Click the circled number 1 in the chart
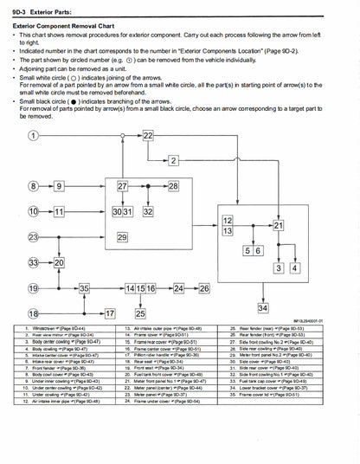pyautogui.click(x=33, y=137)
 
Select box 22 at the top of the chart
pyautogui.click(x=149, y=137)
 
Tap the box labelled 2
pyautogui.click(x=174, y=162)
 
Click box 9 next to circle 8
pyautogui.click(x=59, y=186)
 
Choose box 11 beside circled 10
pyautogui.click(x=59, y=211)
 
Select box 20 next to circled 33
pyautogui.click(x=59, y=261)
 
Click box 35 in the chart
pyautogui.click(x=84, y=287)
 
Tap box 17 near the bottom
pyautogui.click(x=110, y=313)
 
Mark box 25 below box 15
pyautogui.click(x=140, y=313)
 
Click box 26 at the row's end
pyautogui.click(x=204, y=287)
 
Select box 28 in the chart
pyautogui.click(x=174, y=186)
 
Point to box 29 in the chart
pyautogui.click(x=122, y=236)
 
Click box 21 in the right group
pyautogui.click(x=279, y=225)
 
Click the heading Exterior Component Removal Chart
pyautogui.click(x=74, y=27)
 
